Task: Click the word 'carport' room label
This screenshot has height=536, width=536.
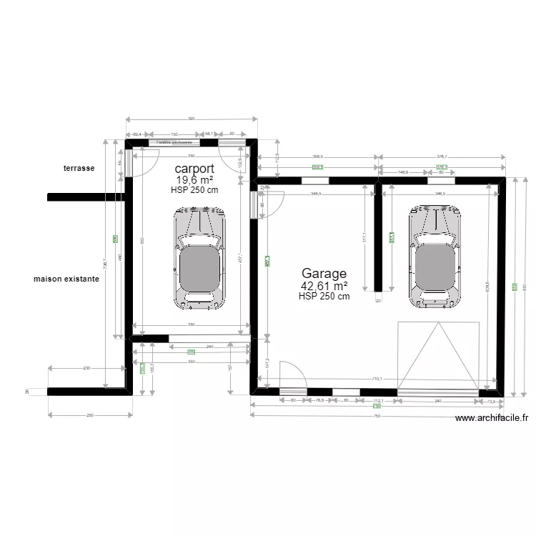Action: coord(194,169)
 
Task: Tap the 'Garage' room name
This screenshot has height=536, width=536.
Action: coord(324,274)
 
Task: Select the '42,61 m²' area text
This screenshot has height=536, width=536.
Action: coord(324,286)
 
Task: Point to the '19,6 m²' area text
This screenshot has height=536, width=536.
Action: coord(194,180)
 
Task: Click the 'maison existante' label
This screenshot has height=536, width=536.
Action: coord(66,279)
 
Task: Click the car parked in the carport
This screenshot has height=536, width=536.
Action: coord(199,257)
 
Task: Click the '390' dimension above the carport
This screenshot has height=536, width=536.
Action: coord(191,119)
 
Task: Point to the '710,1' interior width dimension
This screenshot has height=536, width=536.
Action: coord(377,379)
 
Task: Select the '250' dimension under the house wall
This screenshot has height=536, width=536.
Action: coord(90,415)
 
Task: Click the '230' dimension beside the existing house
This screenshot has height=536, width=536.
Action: coord(86,368)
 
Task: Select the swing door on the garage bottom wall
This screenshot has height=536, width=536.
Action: coord(292,376)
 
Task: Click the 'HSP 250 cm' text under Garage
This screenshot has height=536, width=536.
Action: coord(324,297)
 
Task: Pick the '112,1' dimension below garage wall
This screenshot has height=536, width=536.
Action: coord(379,402)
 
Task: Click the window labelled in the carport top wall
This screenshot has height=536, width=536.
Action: coord(174,142)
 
